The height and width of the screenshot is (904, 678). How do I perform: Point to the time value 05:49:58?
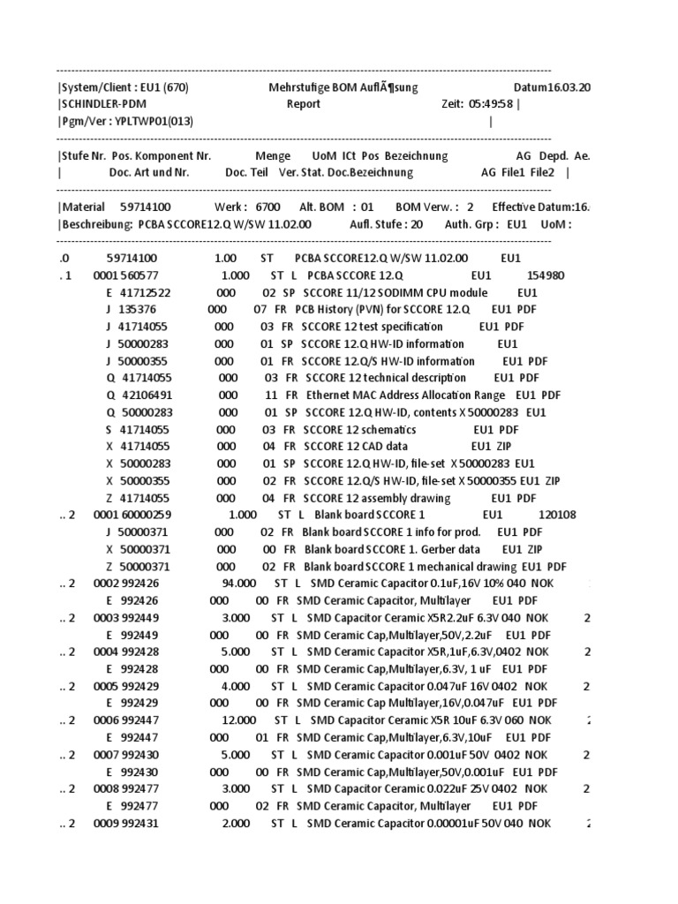[492, 104]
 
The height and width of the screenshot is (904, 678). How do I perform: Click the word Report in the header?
[304, 104]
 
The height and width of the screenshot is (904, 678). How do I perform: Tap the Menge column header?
[273, 155]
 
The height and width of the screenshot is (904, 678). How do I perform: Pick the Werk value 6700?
[267, 207]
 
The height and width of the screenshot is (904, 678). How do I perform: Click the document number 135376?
[137, 310]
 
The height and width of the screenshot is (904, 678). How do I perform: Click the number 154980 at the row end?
[558, 275]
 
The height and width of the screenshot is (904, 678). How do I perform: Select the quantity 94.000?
[238, 584]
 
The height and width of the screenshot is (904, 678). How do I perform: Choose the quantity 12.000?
[239, 719]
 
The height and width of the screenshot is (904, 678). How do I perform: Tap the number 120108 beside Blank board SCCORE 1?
[557, 515]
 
